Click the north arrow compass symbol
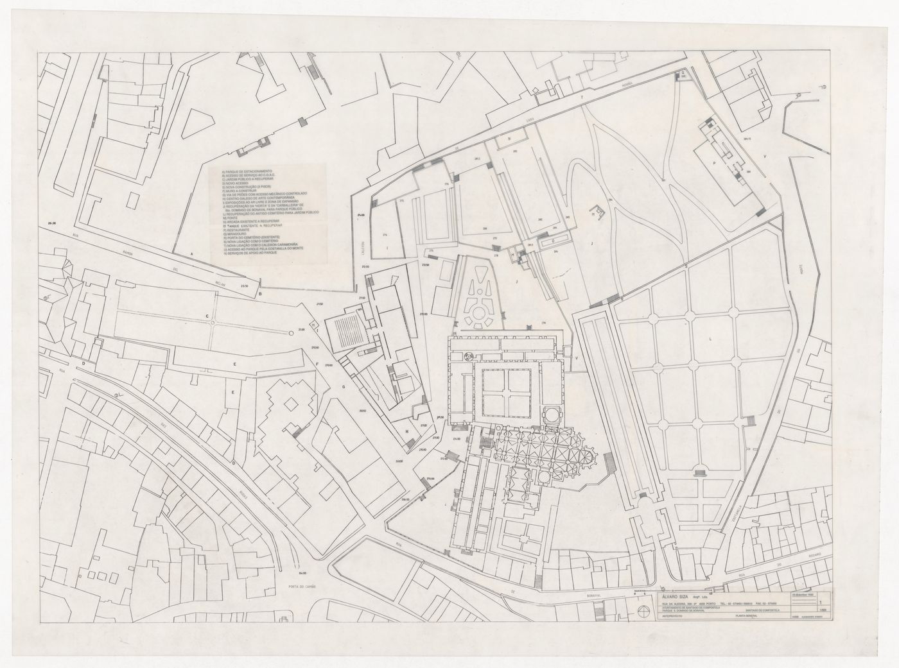[643, 610]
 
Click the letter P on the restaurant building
[713, 163]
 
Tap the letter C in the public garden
[207, 316]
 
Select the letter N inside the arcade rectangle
[509, 139]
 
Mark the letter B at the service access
[259, 295]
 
